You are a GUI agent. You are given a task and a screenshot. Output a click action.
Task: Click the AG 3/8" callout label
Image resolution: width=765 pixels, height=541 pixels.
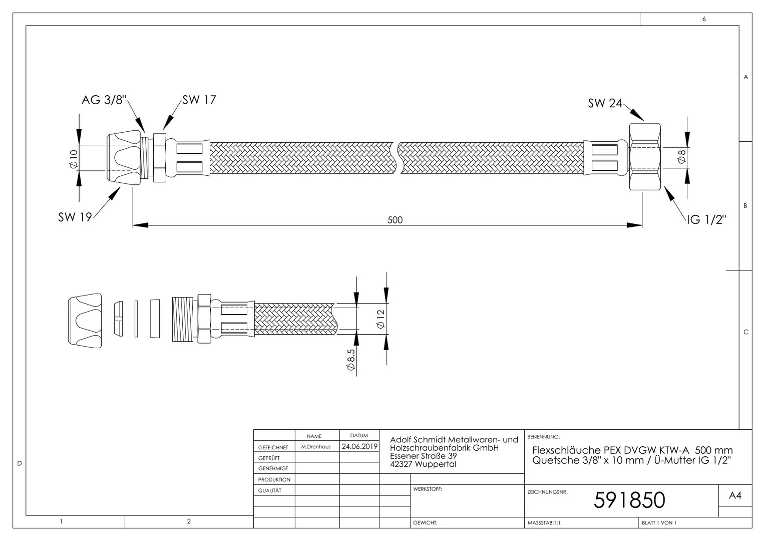coord(104,100)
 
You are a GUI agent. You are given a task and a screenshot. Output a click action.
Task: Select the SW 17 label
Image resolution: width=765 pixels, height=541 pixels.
coord(199,100)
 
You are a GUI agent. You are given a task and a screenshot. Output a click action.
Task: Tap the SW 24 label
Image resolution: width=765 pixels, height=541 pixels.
coord(605,103)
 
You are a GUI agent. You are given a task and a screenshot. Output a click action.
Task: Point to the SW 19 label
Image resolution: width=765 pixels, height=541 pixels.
coord(75,217)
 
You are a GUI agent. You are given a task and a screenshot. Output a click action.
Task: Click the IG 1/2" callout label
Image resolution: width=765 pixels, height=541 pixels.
coord(706,219)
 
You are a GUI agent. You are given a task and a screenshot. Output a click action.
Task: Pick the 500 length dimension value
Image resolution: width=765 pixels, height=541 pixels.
coord(395,220)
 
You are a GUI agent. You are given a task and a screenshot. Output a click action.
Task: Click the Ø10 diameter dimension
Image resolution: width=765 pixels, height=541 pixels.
coord(74,159)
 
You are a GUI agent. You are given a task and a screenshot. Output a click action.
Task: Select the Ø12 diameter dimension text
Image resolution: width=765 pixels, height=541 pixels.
coord(380,319)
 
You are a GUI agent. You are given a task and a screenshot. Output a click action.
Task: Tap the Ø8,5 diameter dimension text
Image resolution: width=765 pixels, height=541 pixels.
coord(351,359)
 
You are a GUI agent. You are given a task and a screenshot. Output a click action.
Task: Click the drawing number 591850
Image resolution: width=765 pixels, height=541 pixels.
coord(629,500)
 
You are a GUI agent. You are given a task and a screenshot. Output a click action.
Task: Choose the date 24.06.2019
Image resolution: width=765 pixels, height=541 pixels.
coord(359,446)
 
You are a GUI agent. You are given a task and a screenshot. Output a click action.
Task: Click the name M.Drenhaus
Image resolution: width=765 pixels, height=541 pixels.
coord(316,447)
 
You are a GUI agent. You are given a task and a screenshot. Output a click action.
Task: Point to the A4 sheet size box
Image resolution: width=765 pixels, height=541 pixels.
coord(735,495)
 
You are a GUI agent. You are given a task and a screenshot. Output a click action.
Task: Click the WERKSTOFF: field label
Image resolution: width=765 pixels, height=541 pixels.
coord(428,489)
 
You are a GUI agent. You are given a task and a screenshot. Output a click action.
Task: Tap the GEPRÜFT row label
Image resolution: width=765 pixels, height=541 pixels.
coord(269,458)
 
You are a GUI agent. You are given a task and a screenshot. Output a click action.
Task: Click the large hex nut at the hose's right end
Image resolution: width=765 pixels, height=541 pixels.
coord(645,156)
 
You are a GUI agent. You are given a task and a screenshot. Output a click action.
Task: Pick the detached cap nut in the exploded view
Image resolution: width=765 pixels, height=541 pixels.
coord(85,321)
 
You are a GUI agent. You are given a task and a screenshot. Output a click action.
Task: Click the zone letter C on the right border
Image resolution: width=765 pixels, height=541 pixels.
coord(746,332)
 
